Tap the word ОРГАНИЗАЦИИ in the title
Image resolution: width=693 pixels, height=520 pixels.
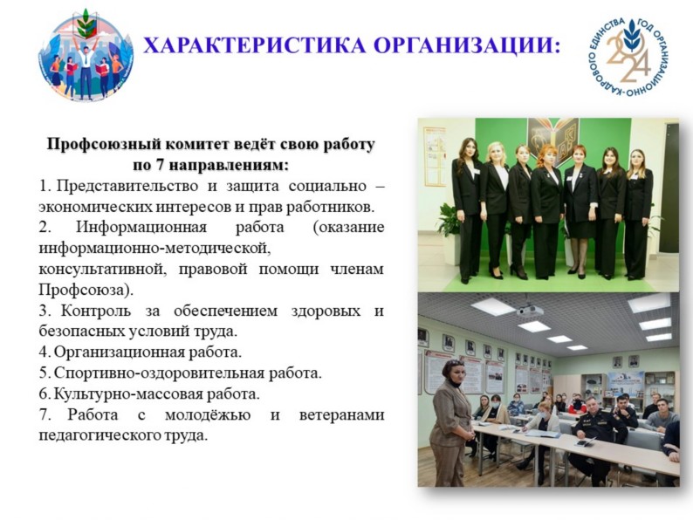tap(462, 45)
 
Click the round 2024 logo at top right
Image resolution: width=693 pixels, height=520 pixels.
tap(629, 57)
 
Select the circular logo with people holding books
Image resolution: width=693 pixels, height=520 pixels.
tap(86, 55)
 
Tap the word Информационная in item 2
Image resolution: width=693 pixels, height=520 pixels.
tap(141, 227)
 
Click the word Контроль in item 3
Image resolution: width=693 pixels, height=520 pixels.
tap(96, 311)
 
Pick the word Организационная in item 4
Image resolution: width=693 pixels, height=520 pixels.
tap(119, 352)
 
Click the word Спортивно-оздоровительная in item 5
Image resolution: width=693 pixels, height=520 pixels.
tap(159, 373)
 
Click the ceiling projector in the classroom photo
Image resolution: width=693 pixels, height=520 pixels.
tap(530, 310)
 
